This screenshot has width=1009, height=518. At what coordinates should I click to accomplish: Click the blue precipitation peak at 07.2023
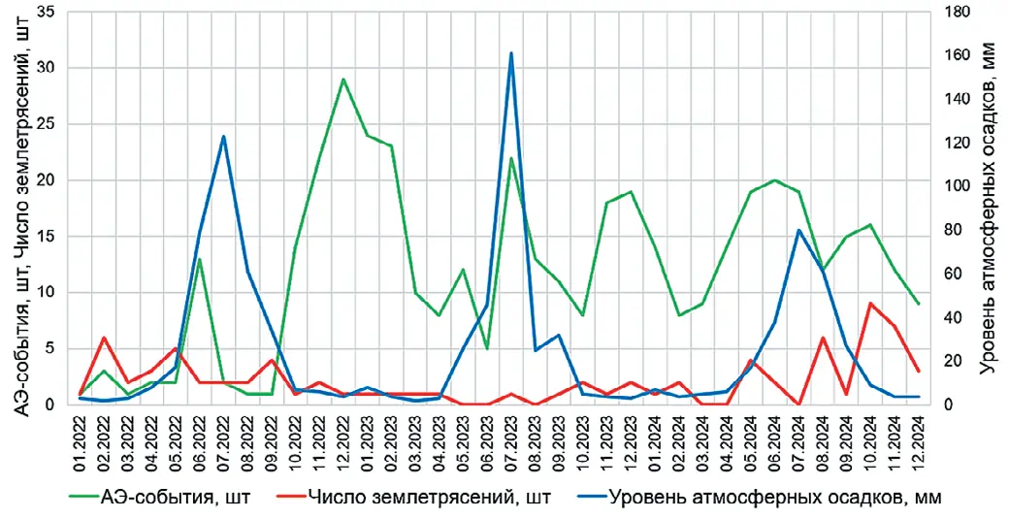(511, 53)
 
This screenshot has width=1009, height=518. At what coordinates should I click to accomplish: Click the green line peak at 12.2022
(343, 80)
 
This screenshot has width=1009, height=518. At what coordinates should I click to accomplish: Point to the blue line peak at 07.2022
(224, 137)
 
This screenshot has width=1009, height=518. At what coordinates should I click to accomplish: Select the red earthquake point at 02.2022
(104, 338)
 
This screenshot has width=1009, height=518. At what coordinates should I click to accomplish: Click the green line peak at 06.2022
(200, 259)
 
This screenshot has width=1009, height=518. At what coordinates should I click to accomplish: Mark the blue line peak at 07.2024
(798, 230)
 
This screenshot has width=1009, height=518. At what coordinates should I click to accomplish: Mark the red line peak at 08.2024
(823, 338)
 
